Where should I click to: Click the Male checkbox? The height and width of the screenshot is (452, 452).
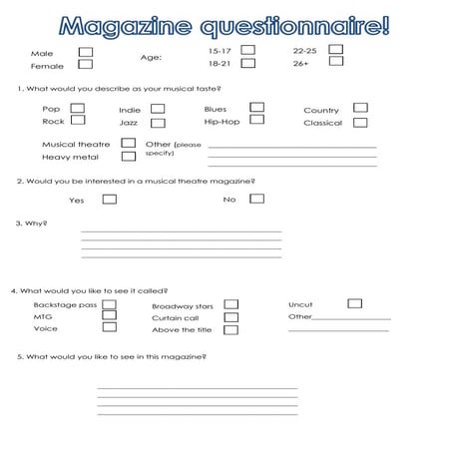pyautogui.click(x=85, y=51)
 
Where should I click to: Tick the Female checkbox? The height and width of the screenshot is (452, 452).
pyautogui.click(x=85, y=65)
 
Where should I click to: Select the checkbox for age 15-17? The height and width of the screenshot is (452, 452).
pyautogui.click(x=247, y=49)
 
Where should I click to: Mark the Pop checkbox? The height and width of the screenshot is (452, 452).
pyautogui.click(x=77, y=108)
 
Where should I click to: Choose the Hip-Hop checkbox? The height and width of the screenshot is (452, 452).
pyautogui.click(x=256, y=120)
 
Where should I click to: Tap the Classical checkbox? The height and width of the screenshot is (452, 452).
pyautogui.click(x=359, y=123)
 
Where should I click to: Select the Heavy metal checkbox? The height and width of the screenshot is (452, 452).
pyautogui.click(x=128, y=156)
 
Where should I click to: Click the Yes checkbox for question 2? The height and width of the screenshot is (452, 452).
pyautogui.click(x=110, y=199)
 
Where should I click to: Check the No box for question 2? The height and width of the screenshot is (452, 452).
pyautogui.click(x=256, y=199)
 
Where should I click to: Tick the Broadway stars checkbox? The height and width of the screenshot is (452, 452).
pyautogui.click(x=230, y=304)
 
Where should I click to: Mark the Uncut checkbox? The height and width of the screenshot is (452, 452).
pyautogui.click(x=354, y=303)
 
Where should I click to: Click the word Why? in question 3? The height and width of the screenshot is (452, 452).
pyautogui.click(x=36, y=224)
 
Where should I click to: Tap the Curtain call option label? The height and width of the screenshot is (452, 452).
pyautogui.click(x=175, y=318)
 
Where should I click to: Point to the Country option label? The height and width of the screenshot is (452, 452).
pyautogui.click(x=321, y=111)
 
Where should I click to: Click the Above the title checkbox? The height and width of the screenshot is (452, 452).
pyautogui.click(x=230, y=329)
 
